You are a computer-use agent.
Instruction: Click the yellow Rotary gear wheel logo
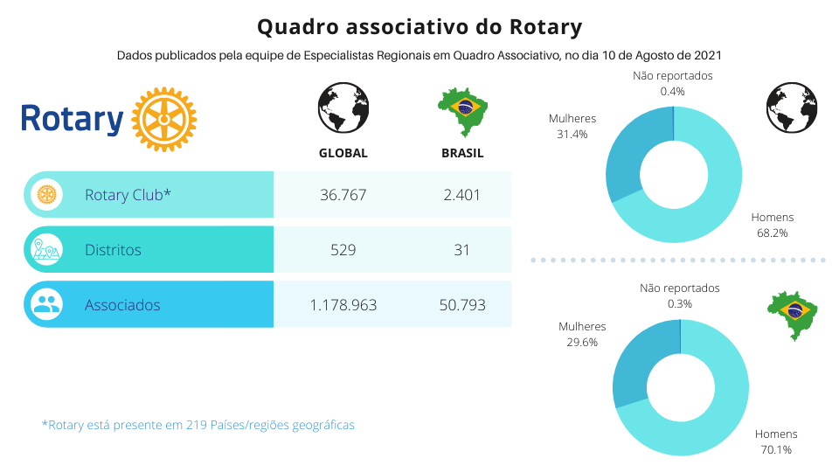pos(163,120)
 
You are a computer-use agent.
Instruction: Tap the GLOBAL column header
pos(343,153)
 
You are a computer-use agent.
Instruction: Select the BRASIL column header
pos(462,153)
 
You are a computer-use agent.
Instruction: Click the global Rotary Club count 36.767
pos(343,195)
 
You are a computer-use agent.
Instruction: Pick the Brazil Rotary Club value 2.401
pos(462,195)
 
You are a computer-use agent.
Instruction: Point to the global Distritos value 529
pos(343,250)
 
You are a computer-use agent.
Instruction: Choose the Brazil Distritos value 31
pos(462,250)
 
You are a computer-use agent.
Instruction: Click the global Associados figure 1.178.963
pos(343,305)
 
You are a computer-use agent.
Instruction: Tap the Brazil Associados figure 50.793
pos(462,305)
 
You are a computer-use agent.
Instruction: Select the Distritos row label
pos(113,250)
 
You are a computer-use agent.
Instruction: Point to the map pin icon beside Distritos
pos(46,250)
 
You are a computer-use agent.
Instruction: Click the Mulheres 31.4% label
pos(572,127)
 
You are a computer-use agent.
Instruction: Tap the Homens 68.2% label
pos(773,226)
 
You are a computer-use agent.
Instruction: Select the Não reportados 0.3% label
pos(679,295)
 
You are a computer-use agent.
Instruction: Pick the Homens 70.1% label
pos(776,441)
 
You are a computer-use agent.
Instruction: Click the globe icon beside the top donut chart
pos(792,108)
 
